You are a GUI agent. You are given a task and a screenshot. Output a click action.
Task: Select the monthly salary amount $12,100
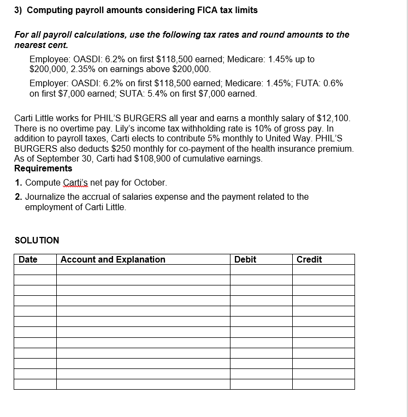click(332, 118)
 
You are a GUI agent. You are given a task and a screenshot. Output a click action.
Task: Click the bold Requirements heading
click(43, 169)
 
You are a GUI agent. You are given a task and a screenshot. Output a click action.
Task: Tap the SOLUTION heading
click(37, 240)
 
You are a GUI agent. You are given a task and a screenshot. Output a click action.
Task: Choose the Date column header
click(28, 260)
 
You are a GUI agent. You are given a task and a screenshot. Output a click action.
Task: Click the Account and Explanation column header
click(113, 260)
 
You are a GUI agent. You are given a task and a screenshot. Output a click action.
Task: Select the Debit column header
click(245, 260)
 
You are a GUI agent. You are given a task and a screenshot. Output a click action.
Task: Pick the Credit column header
click(309, 260)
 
